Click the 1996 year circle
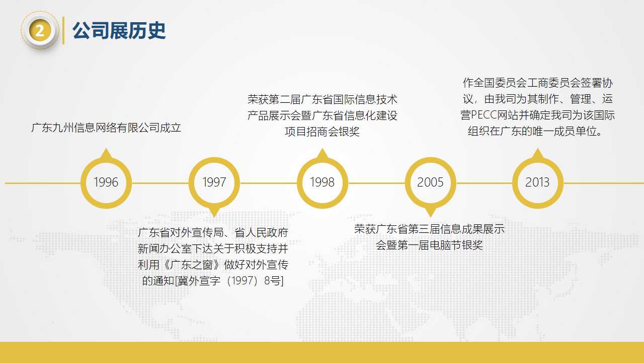coord(106,183)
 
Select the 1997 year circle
coord(214,183)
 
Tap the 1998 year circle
coord(322,183)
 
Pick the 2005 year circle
coord(430,183)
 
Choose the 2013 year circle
coord(537,183)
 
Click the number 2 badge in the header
coord(40,31)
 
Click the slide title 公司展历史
coord(119,31)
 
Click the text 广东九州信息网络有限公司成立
coord(106,128)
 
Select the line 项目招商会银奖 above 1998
coord(322,132)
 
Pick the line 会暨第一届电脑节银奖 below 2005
coord(429,246)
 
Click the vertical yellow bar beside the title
coord(63,31)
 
